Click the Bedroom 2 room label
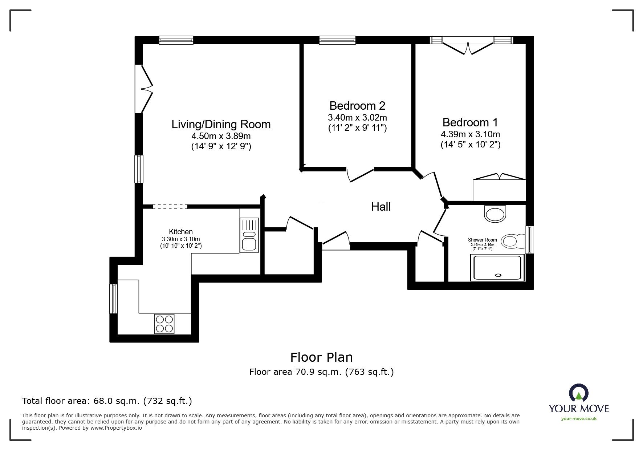(x=357, y=106)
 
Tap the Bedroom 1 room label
(x=470, y=122)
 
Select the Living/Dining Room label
(x=221, y=124)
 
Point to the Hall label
(x=381, y=207)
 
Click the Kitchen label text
(x=181, y=232)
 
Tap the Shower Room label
(x=482, y=240)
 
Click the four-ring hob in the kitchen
(x=164, y=324)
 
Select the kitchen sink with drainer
(x=249, y=235)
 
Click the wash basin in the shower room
(x=495, y=214)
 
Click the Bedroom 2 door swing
(x=361, y=175)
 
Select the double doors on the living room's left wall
(x=144, y=89)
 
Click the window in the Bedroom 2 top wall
(x=337, y=40)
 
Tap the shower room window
(x=530, y=240)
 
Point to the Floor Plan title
(x=321, y=357)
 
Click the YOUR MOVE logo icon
(x=579, y=393)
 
